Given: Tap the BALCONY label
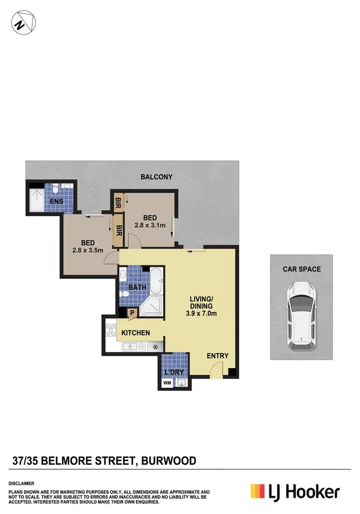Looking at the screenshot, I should pos(156,177).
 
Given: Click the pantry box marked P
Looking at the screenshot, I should pos(132,313).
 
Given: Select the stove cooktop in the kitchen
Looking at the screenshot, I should pos(109,331).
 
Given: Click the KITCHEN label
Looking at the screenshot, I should pos(135,332).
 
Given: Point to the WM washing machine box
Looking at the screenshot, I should pos(167,383).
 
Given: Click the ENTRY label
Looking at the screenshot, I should pos(217,356).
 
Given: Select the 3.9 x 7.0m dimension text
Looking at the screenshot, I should pos(201,314).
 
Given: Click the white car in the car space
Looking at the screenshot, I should pos(300,315).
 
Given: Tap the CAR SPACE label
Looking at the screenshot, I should pos(301,269).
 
